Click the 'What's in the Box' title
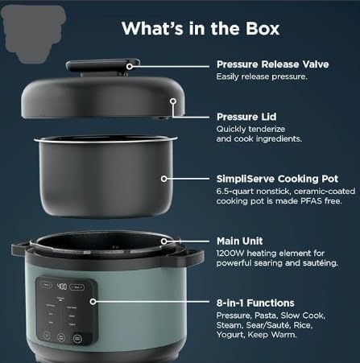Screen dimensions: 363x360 click(x=201, y=28)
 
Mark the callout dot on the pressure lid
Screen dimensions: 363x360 click(x=172, y=102)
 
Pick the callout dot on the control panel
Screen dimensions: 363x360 click(x=93, y=302)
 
